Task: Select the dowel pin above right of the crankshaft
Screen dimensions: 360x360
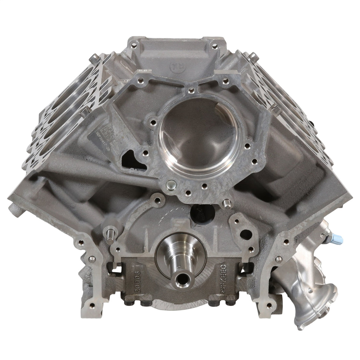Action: click(226, 204)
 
